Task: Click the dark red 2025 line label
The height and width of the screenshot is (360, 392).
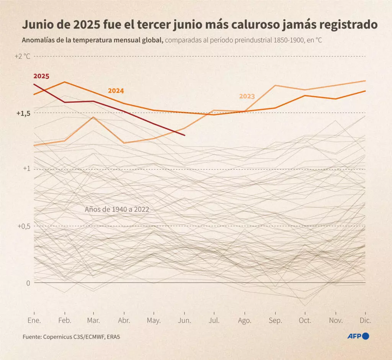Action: click(x=41, y=76)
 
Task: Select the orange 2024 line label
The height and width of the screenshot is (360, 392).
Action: click(x=116, y=91)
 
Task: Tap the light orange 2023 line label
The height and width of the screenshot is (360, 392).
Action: click(x=247, y=97)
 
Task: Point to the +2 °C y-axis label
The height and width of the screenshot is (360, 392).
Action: click(x=22, y=56)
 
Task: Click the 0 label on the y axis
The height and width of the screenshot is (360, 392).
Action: click(x=28, y=283)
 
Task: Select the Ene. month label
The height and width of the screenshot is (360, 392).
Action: click(x=34, y=320)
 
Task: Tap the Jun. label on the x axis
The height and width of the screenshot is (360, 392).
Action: click(x=185, y=320)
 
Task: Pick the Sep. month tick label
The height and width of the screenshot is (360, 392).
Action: click(x=275, y=320)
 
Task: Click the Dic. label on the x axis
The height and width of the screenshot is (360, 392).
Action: click(x=366, y=320)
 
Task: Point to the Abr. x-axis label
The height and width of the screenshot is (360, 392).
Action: click(x=124, y=320)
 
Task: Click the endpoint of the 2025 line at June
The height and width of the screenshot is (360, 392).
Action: click(x=185, y=135)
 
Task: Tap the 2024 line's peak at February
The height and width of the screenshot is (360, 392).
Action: click(x=64, y=82)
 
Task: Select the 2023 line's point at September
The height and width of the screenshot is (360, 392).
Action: click(x=275, y=85)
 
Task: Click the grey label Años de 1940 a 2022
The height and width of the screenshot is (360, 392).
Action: click(x=116, y=209)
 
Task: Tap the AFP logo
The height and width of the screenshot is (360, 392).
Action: click(x=358, y=337)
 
